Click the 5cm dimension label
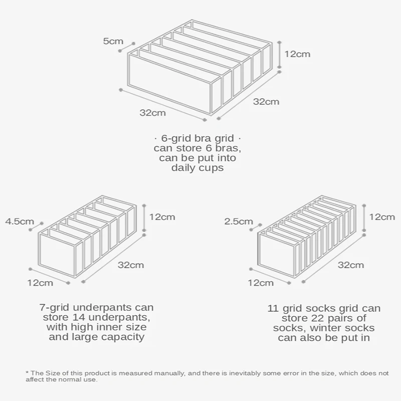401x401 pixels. (x=113, y=41)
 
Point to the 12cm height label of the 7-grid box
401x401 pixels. (x=162, y=217)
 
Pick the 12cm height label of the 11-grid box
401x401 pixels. (x=382, y=217)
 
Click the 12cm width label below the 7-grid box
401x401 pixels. (x=40, y=283)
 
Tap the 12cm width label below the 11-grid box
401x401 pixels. (x=261, y=283)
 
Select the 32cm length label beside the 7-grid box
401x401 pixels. (x=130, y=265)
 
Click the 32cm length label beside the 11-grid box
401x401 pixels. (x=350, y=265)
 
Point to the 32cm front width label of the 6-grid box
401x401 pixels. (x=152, y=113)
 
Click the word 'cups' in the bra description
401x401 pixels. (x=212, y=168)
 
